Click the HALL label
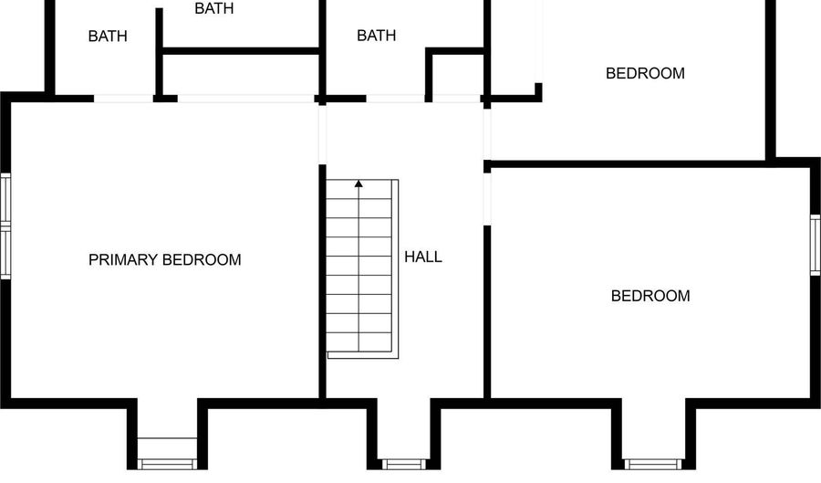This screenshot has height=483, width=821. (422, 257)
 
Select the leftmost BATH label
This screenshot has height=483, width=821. (108, 37)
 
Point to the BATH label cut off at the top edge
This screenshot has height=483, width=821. (214, 8)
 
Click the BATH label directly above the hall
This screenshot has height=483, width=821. (376, 36)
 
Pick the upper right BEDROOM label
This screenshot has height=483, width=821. (645, 73)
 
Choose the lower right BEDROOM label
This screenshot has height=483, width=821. (650, 296)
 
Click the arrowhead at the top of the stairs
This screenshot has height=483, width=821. (359, 184)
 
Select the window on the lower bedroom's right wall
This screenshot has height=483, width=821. (816, 244)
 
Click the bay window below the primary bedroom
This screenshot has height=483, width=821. (167, 453)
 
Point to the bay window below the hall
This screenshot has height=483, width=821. (405, 463)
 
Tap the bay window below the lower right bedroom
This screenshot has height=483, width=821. (651, 463)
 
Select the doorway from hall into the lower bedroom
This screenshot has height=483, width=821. (487, 197)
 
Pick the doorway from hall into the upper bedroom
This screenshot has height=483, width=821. (487, 133)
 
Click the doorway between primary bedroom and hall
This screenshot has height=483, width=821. (322, 133)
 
